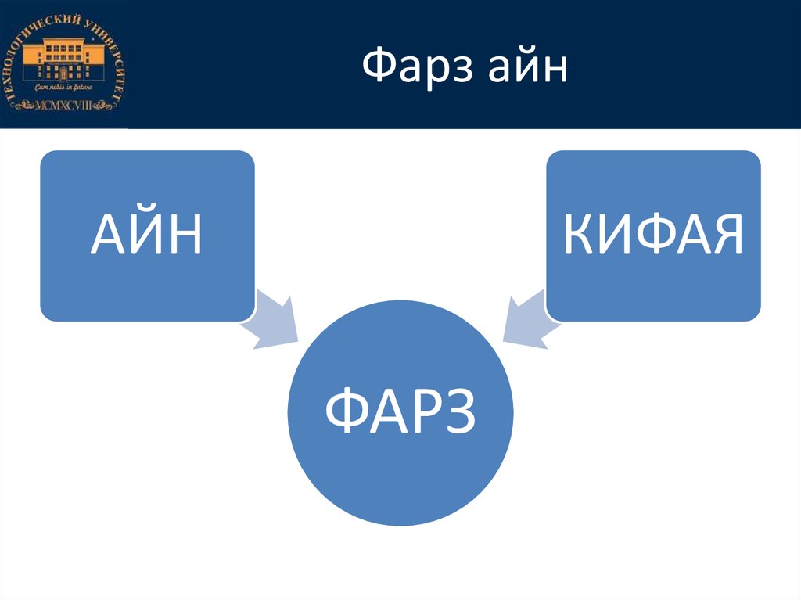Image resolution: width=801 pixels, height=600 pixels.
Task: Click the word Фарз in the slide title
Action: pyautogui.click(x=417, y=69)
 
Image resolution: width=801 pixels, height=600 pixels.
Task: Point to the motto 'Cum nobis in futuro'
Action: pyautogui.click(x=64, y=88)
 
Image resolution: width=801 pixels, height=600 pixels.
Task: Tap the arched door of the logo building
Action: pyautogui.click(x=65, y=74)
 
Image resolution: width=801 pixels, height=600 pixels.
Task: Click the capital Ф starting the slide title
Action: pyautogui.click(x=378, y=69)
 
